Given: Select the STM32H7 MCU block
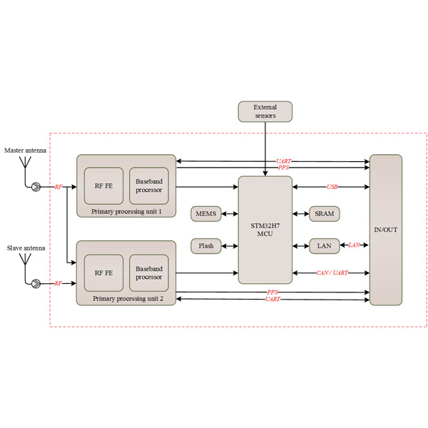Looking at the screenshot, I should click(265, 229).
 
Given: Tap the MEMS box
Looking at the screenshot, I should click(206, 213).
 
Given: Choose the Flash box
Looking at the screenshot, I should click(206, 246).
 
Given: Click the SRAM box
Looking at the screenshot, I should click(324, 213).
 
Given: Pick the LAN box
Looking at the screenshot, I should click(324, 246).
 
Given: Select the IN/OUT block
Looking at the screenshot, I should click(385, 229).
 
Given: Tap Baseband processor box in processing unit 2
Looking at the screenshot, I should click(148, 272).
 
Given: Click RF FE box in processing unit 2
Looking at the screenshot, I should click(103, 272).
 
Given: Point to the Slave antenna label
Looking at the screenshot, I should click(26, 248).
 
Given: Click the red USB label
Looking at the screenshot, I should click(332, 187).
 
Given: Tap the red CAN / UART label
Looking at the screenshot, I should click(332, 272).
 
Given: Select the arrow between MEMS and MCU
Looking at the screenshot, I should click(230, 213).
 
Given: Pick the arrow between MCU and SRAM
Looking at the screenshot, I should click(300, 213).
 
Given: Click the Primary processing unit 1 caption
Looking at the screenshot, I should click(126, 213).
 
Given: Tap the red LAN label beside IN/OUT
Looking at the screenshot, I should click(354, 246).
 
